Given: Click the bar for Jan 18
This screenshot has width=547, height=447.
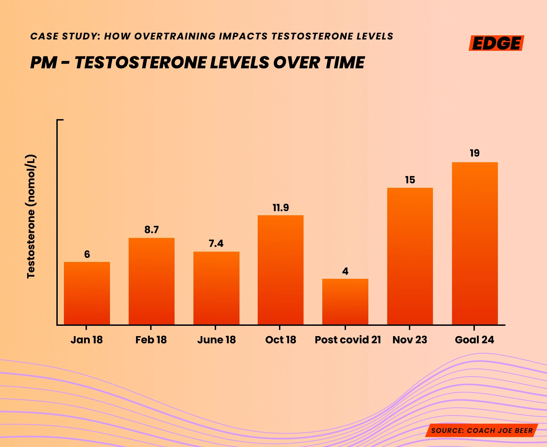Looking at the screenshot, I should [x=87, y=293].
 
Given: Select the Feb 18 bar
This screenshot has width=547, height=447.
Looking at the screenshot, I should [x=152, y=281].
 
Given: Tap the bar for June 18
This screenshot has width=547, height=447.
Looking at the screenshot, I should [x=216, y=288].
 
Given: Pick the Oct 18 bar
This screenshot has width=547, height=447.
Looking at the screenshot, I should [x=280, y=270].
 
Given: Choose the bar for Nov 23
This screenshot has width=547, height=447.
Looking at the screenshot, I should [x=410, y=256].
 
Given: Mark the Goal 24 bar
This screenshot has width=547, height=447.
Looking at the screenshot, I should [x=475, y=243].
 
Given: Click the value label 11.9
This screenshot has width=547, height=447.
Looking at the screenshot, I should [x=281, y=208].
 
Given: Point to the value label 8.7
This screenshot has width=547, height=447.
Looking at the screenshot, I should [x=152, y=230].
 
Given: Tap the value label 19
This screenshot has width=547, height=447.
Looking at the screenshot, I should [x=475, y=153].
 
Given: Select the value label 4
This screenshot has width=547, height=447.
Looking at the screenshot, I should [x=345, y=271].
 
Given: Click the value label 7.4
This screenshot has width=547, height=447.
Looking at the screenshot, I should [x=216, y=243].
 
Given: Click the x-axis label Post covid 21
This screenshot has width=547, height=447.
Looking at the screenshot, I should [x=348, y=340].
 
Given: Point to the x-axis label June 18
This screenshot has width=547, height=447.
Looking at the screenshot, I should [x=216, y=340].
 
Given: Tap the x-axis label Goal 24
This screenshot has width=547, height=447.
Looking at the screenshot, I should [x=475, y=340].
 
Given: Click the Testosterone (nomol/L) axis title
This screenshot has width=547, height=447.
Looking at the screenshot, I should [x=31, y=216].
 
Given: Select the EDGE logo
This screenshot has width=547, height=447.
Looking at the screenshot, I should [x=496, y=43].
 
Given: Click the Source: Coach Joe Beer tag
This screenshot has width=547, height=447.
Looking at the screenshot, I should [x=482, y=431].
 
